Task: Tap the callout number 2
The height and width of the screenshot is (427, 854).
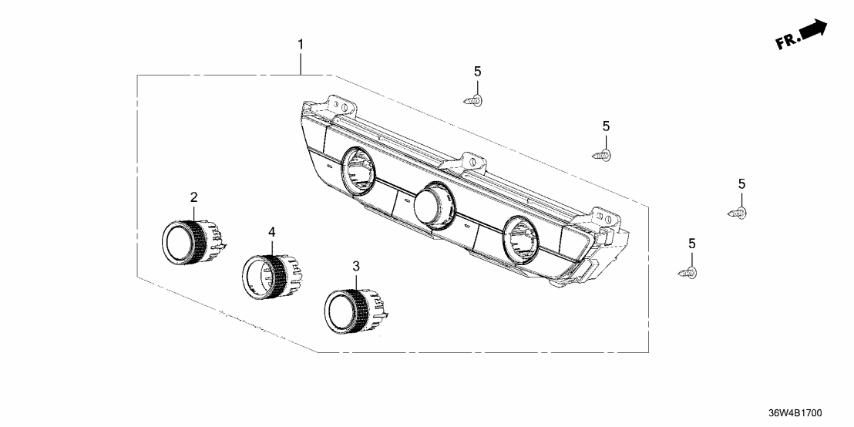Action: [x=194, y=198]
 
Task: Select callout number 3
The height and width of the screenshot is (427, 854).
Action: [x=355, y=267]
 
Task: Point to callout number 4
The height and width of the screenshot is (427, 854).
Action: [x=271, y=232]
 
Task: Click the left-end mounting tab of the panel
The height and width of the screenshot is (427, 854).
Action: [x=338, y=103]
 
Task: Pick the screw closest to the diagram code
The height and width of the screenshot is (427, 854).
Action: [x=689, y=272]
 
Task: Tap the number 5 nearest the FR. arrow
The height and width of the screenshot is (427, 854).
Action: [x=741, y=183]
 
